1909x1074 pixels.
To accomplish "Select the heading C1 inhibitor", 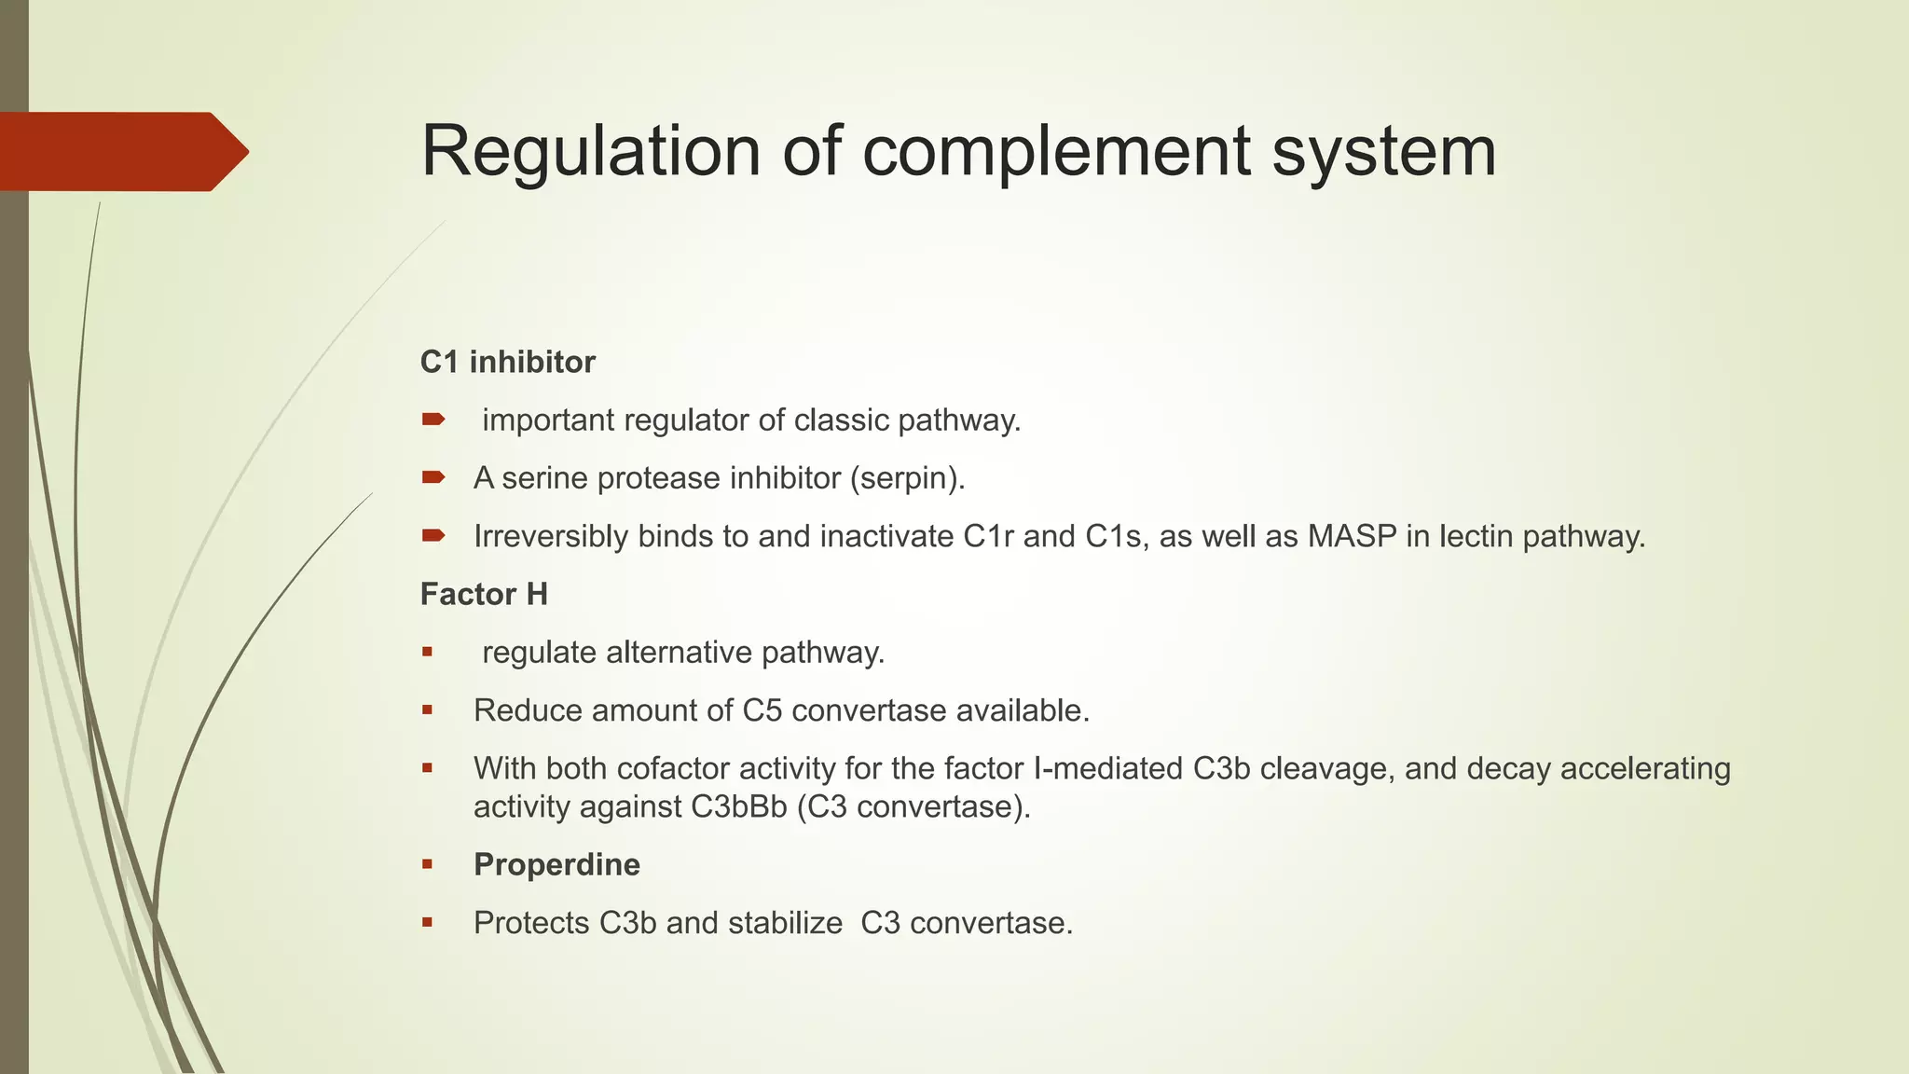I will [507, 362].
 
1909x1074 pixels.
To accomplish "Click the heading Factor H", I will [484, 594].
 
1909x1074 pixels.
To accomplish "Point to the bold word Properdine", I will [556, 864].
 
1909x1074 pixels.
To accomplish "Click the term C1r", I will [988, 536].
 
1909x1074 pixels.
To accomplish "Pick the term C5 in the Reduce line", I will [762, 710].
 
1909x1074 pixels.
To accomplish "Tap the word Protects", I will [531, 923].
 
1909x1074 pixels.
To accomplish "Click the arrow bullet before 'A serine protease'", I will [433, 478].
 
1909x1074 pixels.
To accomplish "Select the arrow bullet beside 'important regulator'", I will [433, 420].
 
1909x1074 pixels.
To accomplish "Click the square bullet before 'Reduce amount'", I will [427, 710].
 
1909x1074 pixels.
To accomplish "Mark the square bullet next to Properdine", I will [427, 864].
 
